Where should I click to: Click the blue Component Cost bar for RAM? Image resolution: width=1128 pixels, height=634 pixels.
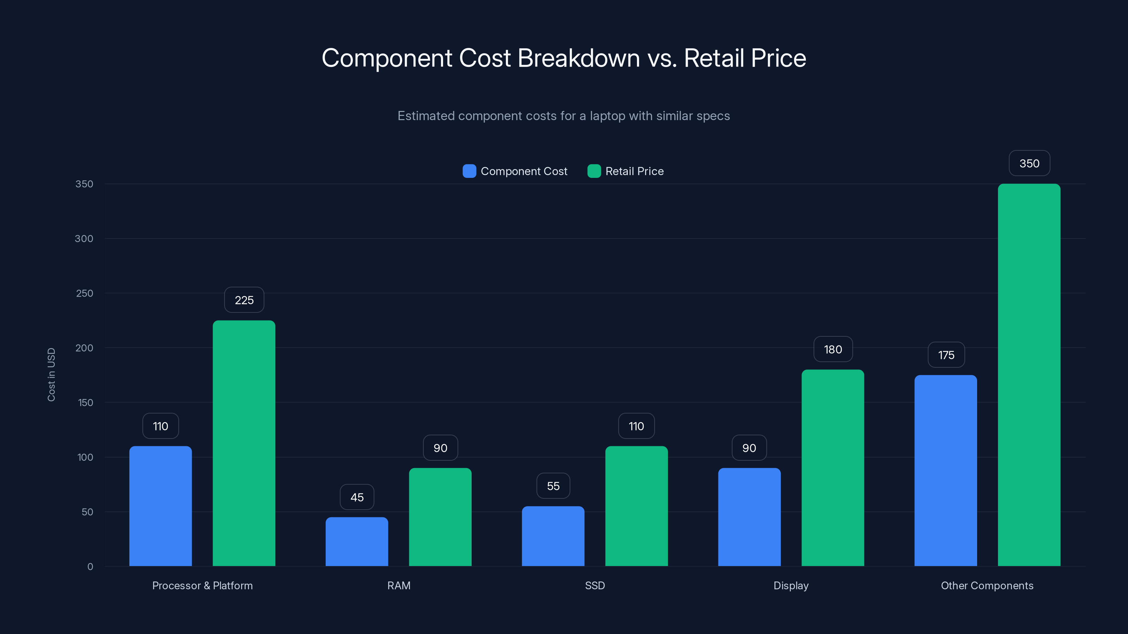click(x=356, y=542)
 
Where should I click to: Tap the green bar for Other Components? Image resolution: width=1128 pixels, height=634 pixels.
click(x=1029, y=375)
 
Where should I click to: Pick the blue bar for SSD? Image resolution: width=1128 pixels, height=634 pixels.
click(x=553, y=536)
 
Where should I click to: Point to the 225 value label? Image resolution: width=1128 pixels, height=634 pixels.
click(x=244, y=300)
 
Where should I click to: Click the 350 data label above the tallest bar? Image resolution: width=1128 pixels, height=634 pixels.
click(x=1029, y=164)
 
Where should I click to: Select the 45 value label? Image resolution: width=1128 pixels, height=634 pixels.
click(x=357, y=497)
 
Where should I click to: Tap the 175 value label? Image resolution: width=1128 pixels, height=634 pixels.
click(x=946, y=355)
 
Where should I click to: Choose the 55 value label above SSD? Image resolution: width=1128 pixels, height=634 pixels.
click(x=553, y=486)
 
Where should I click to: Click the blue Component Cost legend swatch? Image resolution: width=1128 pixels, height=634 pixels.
click(x=469, y=171)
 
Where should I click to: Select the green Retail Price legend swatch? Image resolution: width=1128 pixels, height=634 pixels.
click(x=594, y=171)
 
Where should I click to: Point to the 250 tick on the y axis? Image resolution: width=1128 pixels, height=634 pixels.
click(x=85, y=294)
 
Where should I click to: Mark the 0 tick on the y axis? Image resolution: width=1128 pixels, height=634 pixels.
click(x=90, y=567)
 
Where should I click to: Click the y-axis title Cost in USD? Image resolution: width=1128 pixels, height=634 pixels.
click(x=51, y=374)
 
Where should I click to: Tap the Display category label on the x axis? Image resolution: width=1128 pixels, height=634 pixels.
click(x=791, y=586)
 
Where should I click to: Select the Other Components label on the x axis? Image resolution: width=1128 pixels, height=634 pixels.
click(x=987, y=586)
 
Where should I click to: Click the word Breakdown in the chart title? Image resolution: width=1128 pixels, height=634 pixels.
click(x=578, y=58)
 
